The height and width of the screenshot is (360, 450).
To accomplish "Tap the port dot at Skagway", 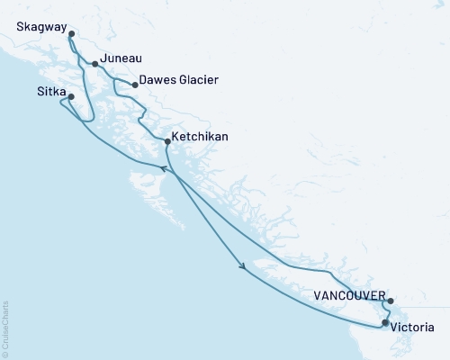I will pyautogui.click(x=71, y=35).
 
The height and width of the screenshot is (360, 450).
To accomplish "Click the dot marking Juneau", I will pyautogui.click(x=95, y=64).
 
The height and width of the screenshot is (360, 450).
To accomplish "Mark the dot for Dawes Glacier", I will pyautogui.click(x=135, y=85).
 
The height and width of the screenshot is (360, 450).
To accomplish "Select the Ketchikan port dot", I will pyautogui.click(x=167, y=140).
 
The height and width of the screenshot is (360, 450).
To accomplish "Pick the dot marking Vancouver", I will pyautogui.click(x=390, y=301).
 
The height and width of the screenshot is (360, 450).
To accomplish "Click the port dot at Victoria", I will pyautogui.click(x=385, y=322).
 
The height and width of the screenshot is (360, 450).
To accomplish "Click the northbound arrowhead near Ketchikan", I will pyautogui.click(x=164, y=167).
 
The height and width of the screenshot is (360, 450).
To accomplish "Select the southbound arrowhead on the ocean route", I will pyautogui.click(x=241, y=265).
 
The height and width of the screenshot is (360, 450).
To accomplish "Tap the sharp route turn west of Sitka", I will pyautogui.click(x=61, y=103).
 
